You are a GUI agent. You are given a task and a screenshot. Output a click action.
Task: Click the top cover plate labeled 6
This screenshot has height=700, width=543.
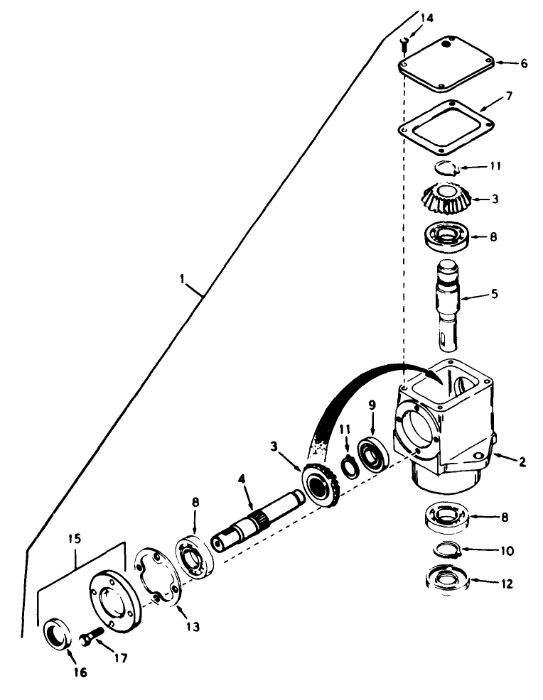445,65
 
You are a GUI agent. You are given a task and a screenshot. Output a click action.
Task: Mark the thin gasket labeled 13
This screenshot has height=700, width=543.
158,582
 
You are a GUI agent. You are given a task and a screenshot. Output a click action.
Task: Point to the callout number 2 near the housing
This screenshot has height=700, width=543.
522,462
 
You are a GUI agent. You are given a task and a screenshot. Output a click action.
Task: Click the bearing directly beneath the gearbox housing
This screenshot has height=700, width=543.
446,515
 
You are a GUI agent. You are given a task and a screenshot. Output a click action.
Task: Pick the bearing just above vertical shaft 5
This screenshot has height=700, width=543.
445,235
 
